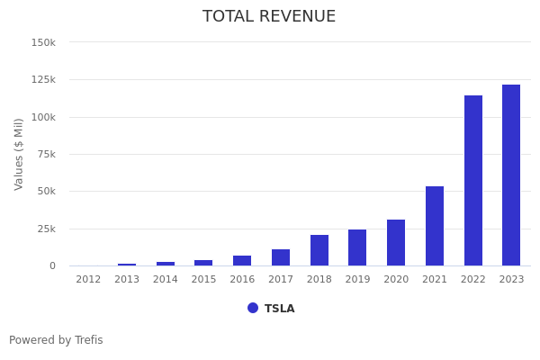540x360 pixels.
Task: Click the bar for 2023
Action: pos(511,175)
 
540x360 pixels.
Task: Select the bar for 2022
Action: pos(473,181)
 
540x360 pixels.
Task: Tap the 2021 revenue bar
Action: pos(435,226)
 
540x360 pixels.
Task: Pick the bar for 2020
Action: pos(396,243)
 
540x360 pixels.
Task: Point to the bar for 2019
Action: pos(357,247)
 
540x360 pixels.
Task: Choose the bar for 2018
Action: pos(319,250)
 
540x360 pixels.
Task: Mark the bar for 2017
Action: pos(281,257)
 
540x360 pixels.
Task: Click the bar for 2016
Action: pos(242,261)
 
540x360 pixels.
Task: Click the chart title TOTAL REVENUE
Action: pos(269,17)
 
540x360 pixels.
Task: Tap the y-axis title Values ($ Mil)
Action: pos(19,154)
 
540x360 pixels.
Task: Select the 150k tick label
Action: pos(43,42)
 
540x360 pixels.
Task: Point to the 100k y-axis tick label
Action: pos(43,117)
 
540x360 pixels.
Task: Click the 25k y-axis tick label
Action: pos(46,229)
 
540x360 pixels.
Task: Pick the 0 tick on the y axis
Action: pos(52,266)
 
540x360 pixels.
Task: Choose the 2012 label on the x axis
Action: pos(88,280)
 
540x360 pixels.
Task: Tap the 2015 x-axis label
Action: pos(203,280)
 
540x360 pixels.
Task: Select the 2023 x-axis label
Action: pos(511,280)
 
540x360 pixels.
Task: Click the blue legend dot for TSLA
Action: pos(253,308)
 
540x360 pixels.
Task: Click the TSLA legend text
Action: pos(279,309)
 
